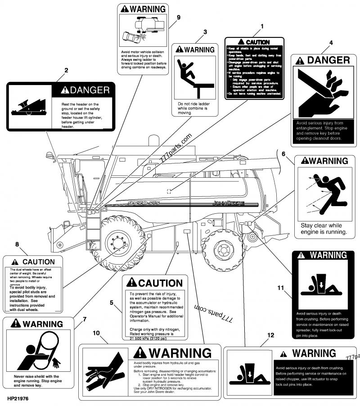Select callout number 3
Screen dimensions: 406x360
coord(205,32)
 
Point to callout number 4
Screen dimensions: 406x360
coord(331,43)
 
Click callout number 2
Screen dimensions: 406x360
coord(66,70)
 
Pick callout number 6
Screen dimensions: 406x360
coord(283,153)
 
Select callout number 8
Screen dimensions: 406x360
coord(17,244)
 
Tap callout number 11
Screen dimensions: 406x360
coord(281,287)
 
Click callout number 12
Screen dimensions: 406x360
coord(270,334)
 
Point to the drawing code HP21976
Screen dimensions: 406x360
coord(18,398)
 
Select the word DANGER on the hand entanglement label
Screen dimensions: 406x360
coord(328,60)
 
